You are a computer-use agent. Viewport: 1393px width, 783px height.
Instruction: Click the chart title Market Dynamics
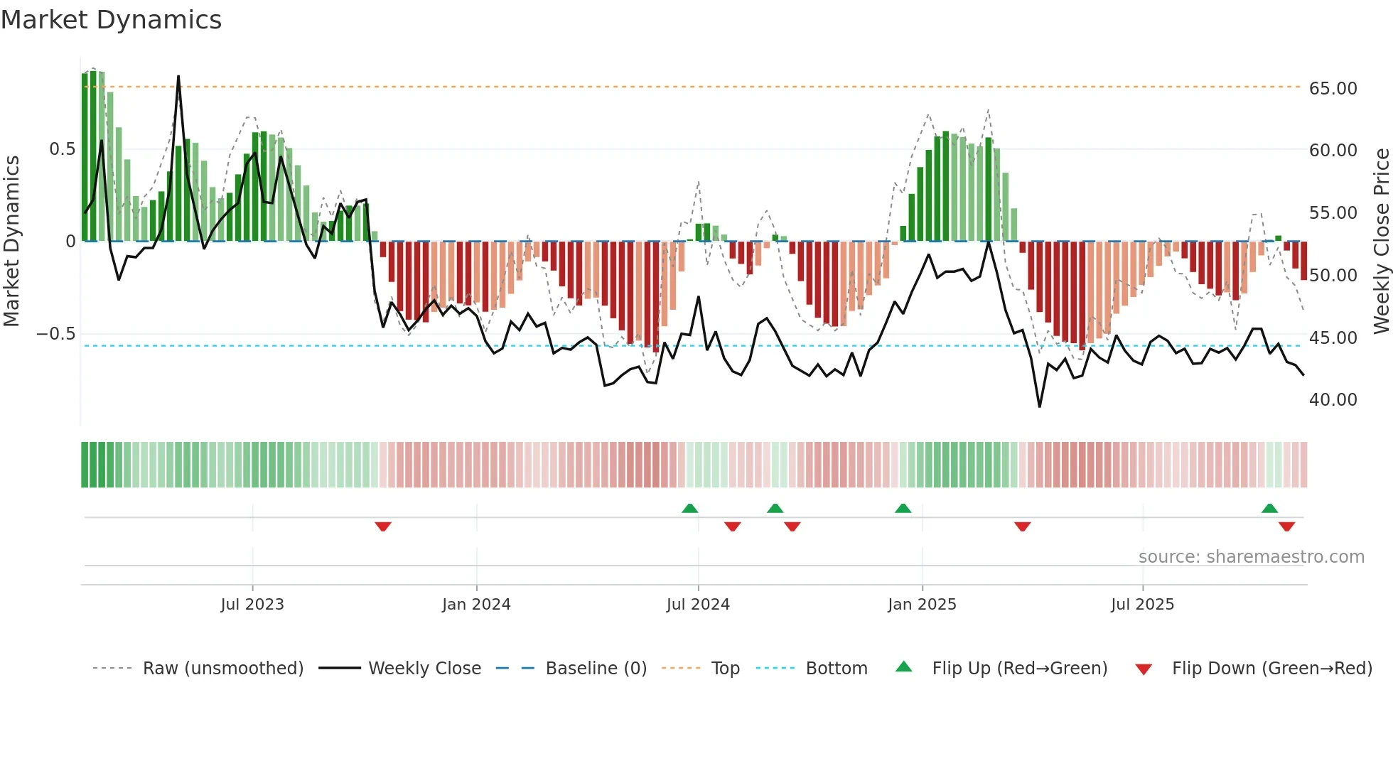[x=112, y=20]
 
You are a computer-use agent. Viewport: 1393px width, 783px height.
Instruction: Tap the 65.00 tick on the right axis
[x=1333, y=89]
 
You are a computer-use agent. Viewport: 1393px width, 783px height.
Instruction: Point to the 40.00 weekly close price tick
[x=1333, y=400]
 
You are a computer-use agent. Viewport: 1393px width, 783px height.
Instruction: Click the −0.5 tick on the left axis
[x=55, y=334]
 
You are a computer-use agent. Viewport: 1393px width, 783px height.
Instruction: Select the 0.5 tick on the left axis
[x=62, y=149]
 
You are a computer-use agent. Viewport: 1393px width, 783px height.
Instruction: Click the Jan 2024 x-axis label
[x=476, y=605]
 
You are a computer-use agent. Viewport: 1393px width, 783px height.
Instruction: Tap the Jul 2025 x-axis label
[x=1142, y=605]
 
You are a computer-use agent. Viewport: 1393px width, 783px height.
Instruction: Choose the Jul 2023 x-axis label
[x=252, y=605]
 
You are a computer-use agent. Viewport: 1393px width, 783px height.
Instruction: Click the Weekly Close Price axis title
[x=1381, y=241]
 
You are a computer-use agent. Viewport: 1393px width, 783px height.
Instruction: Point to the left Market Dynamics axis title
[x=11, y=241]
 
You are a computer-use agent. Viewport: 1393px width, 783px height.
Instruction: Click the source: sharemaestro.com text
[x=1251, y=557]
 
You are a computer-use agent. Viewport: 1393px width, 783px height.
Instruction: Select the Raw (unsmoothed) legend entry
[x=222, y=669]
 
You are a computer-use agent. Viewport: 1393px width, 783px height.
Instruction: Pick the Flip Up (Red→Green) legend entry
[x=1019, y=669]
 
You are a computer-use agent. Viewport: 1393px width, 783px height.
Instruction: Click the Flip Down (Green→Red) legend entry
[x=1271, y=669]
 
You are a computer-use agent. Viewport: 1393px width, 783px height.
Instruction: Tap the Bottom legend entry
[x=836, y=669]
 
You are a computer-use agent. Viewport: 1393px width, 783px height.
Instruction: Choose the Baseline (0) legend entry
[x=596, y=669]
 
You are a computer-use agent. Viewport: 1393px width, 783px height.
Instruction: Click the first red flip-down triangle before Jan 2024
[x=383, y=526]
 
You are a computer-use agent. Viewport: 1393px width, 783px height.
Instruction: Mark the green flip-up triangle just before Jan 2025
[x=903, y=508]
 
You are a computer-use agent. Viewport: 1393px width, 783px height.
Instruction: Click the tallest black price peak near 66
[x=178, y=77]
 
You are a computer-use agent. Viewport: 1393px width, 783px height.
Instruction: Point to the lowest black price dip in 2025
[x=1040, y=406]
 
